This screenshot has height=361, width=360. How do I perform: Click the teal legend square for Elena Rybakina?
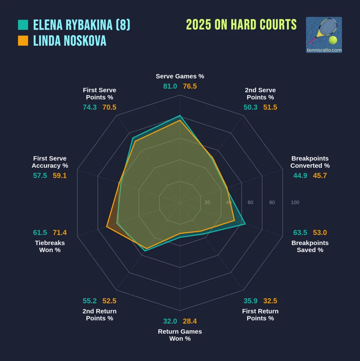coord(23,25)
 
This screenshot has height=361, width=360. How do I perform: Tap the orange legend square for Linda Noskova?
coord(23,41)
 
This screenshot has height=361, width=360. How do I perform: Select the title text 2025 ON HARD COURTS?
coord(241,25)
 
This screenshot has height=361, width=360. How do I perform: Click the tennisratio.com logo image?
coord(324,35)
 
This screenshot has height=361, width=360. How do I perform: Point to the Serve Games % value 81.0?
coord(170,86)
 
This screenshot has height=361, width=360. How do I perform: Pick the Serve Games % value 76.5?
coord(190,86)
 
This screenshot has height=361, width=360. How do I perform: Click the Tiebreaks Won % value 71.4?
coord(60,233)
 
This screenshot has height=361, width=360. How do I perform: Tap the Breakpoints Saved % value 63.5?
coord(300,233)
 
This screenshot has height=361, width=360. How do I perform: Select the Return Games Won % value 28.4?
coord(190,321)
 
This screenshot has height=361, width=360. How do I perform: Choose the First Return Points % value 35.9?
coord(251,301)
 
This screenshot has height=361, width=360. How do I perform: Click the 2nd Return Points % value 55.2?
coord(90,301)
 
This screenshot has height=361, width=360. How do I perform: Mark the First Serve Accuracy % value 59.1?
coord(60,175)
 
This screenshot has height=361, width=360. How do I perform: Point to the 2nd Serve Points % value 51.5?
coord(270,107)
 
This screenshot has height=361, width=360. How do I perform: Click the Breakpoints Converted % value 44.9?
coord(300,175)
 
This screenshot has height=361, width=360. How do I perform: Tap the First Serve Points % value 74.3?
coord(90,107)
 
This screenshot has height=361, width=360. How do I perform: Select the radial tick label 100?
coord(295,202)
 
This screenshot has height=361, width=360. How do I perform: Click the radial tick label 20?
coord(207,202)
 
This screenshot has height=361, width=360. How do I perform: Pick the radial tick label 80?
coord(272,202)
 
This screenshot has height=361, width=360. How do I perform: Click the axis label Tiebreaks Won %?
coord(50,246)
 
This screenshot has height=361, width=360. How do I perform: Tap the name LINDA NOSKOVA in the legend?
coord(70,41)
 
